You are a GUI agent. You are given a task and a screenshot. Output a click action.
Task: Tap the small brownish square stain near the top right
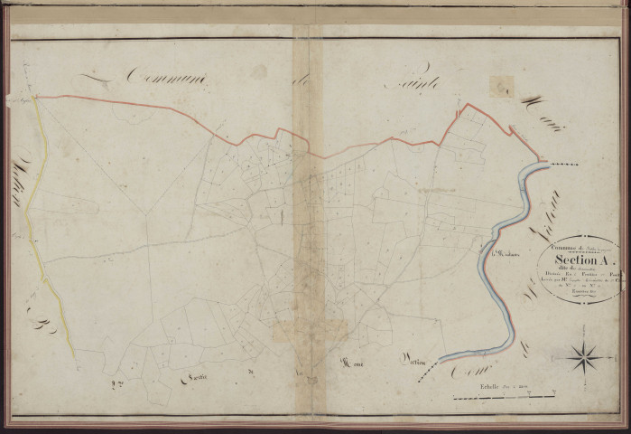click(500, 85)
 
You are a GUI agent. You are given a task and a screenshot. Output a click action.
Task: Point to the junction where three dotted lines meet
click(144, 215)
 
